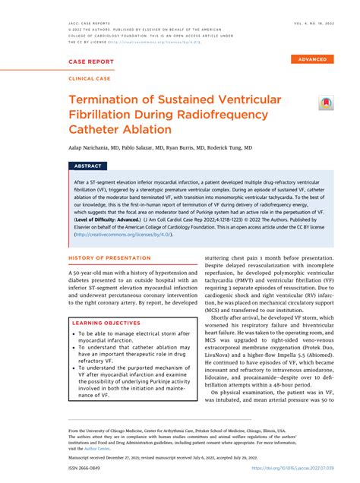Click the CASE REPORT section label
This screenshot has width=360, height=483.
tap(92, 62)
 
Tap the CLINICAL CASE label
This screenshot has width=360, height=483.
tap(91, 77)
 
